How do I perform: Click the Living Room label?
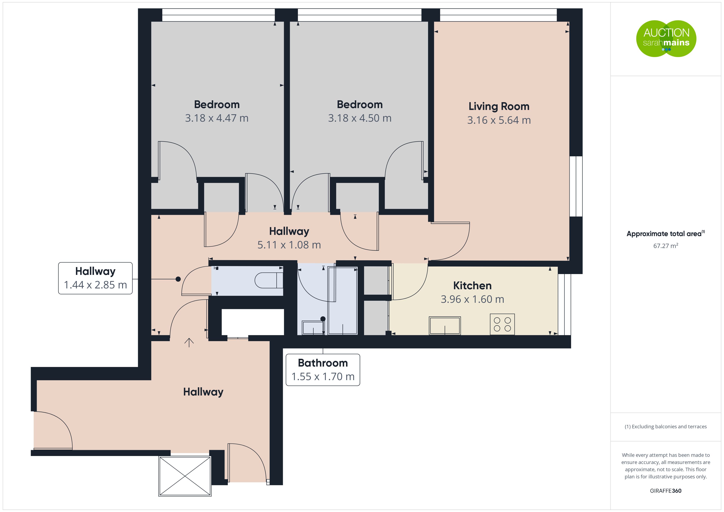pyautogui.click(x=499, y=106)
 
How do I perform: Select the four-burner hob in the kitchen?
pyautogui.click(x=502, y=324)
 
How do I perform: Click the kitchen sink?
pyautogui.click(x=445, y=325)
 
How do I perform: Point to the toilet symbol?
pyautogui.click(x=269, y=280)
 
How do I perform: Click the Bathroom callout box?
pyautogui.click(x=323, y=370)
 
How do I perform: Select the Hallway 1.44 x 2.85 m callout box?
pyautogui.click(x=95, y=278)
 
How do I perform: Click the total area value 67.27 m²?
pyautogui.click(x=666, y=246)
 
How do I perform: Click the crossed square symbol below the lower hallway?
pyautogui.click(x=185, y=476)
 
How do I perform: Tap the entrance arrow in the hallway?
pyautogui.click(x=189, y=342)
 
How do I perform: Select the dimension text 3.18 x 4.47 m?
pyautogui.click(x=217, y=118)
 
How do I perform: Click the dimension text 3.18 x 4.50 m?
pyautogui.click(x=360, y=118)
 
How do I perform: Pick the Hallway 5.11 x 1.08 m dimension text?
pyautogui.click(x=289, y=245)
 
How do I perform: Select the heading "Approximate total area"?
pyautogui.click(x=664, y=234)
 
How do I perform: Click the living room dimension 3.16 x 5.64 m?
pyautogui.click(x=499, y=120)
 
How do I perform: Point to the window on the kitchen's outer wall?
pyautogui.click(x=564, y=304)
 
